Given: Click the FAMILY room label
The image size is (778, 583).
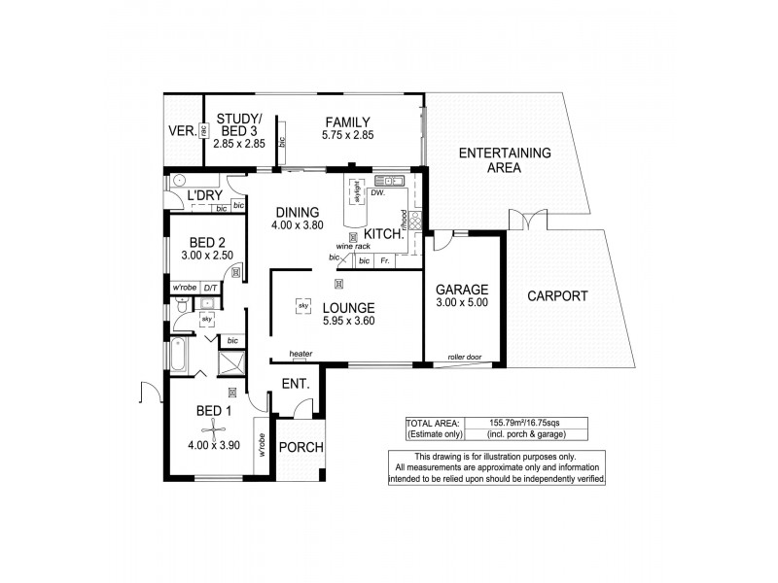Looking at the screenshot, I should (348, 121).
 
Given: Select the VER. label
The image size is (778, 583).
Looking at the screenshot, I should (181, 129).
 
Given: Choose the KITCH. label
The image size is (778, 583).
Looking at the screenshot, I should (385, 234).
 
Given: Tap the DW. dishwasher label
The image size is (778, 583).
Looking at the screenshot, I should (377, 193).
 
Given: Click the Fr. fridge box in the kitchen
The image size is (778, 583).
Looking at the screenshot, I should (387, 260).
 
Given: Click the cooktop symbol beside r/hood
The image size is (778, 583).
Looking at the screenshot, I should (415, 221).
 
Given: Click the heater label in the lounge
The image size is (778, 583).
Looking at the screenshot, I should (300, 353).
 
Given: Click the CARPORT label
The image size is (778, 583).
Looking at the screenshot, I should (557, 296).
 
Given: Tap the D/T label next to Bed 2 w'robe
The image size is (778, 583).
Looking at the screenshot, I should (211, 289).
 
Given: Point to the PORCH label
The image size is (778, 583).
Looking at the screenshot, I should (301, 447).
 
